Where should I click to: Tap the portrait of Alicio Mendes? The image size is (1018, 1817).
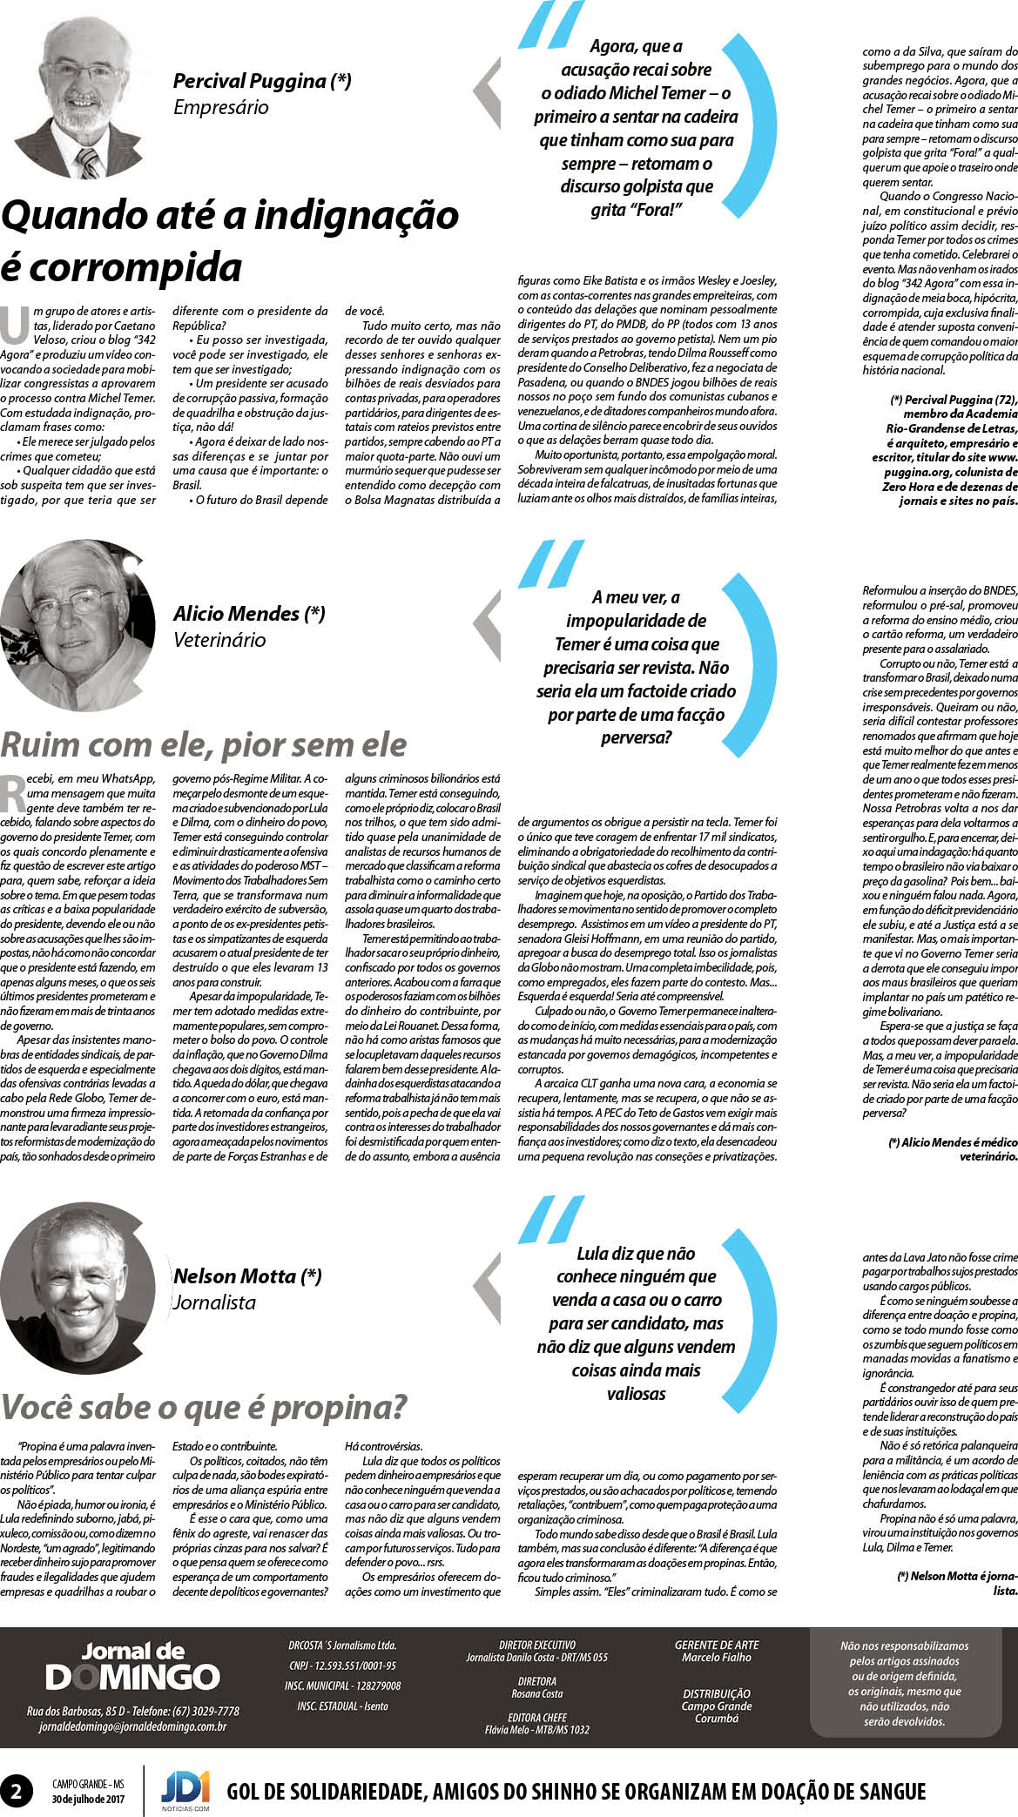[78, 625]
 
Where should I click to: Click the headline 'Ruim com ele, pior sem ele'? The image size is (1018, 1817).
[204, 745]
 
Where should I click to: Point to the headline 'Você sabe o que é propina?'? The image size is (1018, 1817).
[204, 1407]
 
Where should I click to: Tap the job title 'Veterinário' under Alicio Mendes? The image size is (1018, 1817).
[219, 640]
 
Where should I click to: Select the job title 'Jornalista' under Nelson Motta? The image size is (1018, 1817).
[214, 1302]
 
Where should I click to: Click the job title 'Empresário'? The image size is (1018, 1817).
[220, 108]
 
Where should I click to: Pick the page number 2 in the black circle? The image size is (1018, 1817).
[17, 1791]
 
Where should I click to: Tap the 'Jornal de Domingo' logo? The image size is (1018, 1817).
[132, 1666]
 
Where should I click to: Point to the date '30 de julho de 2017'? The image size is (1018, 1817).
[88, 1799]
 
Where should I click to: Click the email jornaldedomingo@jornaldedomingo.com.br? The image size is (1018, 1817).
[132, 1726]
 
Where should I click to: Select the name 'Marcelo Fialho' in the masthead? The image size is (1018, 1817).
[716, 1658]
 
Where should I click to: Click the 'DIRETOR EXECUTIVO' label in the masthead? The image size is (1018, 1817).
[536, 1645]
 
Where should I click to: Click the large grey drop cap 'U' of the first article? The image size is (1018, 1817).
[15, 326]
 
